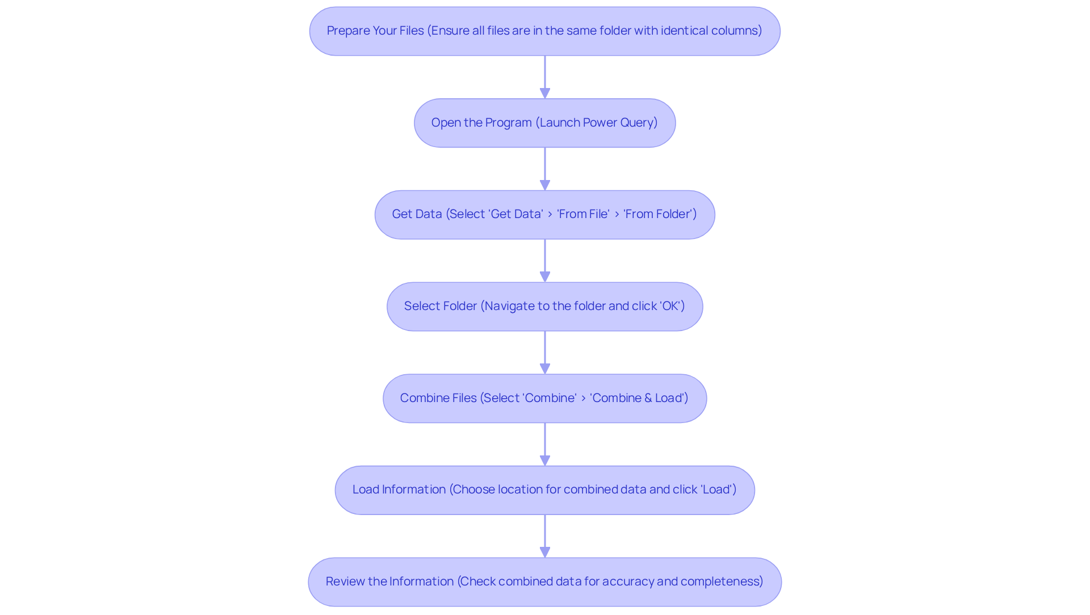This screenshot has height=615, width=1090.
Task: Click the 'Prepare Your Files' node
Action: pyautogui.click(x=544, y=31)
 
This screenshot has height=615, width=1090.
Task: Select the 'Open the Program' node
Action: pyautogui.click(x=544, y=123)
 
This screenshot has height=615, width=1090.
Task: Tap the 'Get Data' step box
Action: pyautogui.click(x=544, y=215)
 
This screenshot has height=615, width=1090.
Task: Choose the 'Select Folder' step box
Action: pyautogui.click(x=544, y=307)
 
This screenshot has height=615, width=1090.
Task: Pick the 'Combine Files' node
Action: pyautogui.click(x=544, y=399)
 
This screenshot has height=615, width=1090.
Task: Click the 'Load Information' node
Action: pyautogui.click(x=544, y=490)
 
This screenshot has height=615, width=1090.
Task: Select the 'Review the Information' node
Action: pyautogui.click(x=544, y=582)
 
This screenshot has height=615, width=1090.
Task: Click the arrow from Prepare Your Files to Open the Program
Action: pyautogui.click(x=545, y=77)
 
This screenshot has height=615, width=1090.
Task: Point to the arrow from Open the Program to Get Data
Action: pyautogui.click(x=545, y=169)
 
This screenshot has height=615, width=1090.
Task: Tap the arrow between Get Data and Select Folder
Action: pyautogui.click(x=545, y=261)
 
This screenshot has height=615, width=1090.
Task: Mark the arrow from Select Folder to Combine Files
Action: pyautogui.click(x=545, y=352)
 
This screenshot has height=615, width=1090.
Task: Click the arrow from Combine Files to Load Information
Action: pyautogui.click(x=545, y=444)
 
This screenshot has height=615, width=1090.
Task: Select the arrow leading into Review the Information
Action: pyautogui.click(x=545, y=536)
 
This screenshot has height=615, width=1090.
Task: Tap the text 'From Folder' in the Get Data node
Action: pyautogui.click(x=660, y=214)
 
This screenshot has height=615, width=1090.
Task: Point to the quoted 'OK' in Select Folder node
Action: pyautogui.click(x=671, y=306)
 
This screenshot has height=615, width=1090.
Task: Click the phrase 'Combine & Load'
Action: pyautogui.click(x=639, y=398)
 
